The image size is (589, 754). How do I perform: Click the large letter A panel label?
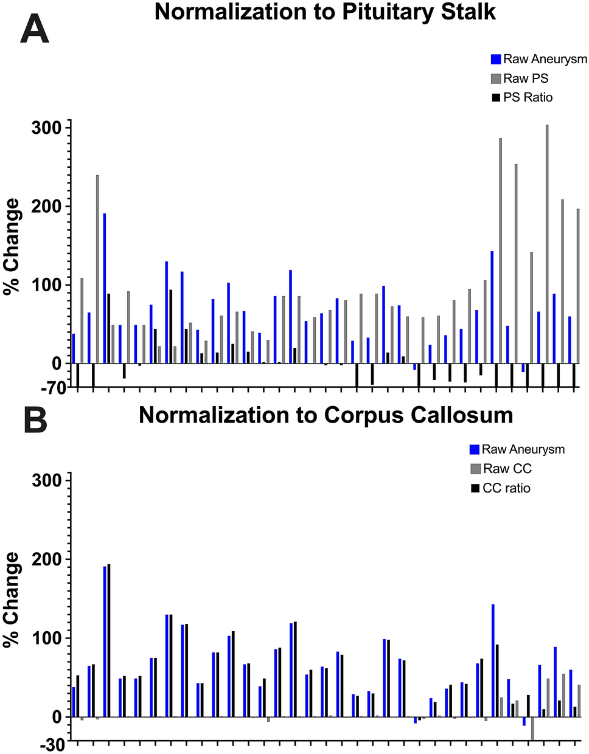point(34,29)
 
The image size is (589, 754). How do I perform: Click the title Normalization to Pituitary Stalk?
point(325,12)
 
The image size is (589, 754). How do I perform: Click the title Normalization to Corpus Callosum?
point(326,415)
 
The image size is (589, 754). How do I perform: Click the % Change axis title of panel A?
point(12,246)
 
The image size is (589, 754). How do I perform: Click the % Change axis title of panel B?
point(12,599)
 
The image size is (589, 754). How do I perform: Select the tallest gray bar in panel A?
point(547,243)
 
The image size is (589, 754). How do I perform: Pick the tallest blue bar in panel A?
point(105,288)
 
